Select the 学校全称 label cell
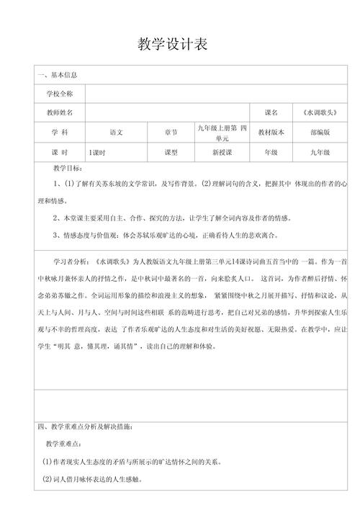(x=60, y=94)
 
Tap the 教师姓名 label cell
(x=60, y=114)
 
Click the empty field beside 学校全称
(x=216, y=94)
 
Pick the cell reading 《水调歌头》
(x=320, y=114)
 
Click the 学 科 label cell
(x=60, y=133)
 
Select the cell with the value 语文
(x=116, y=133)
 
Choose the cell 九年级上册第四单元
(x=222, y=133)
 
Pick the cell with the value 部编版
(x=320, y=133)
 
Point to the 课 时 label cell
(x=60, y=153)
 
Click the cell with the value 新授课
(x=222, y=153)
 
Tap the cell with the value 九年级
(x=320, y=153)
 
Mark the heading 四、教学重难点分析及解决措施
(x=86, y=427)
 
